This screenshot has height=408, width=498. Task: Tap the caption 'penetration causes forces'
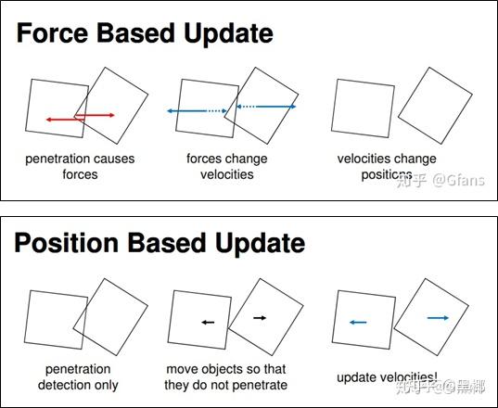pyautogui.click(x=80, y=166)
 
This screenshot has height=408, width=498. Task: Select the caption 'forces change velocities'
pyautogui.click(x=226, y=166)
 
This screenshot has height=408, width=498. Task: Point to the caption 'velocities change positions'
pyautogui.click(x=387, y=166)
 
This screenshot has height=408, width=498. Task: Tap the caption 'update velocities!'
pyautogui.click(x=389, y=376)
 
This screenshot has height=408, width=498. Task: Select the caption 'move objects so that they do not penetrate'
pyautogui.click(x=227, y=376)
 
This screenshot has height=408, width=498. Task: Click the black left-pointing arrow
pyautogui.click(x=208, y=322)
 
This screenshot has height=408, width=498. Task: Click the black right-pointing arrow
pyautogui.click(x=260, y=317)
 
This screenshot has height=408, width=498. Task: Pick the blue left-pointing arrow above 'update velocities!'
pyautogui.click(x=358, y=322)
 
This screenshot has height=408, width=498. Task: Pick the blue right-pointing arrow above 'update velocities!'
pyautogui.click(x=439, y=317)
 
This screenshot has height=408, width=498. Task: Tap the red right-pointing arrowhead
pyautogui.click(x=111, y=115)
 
